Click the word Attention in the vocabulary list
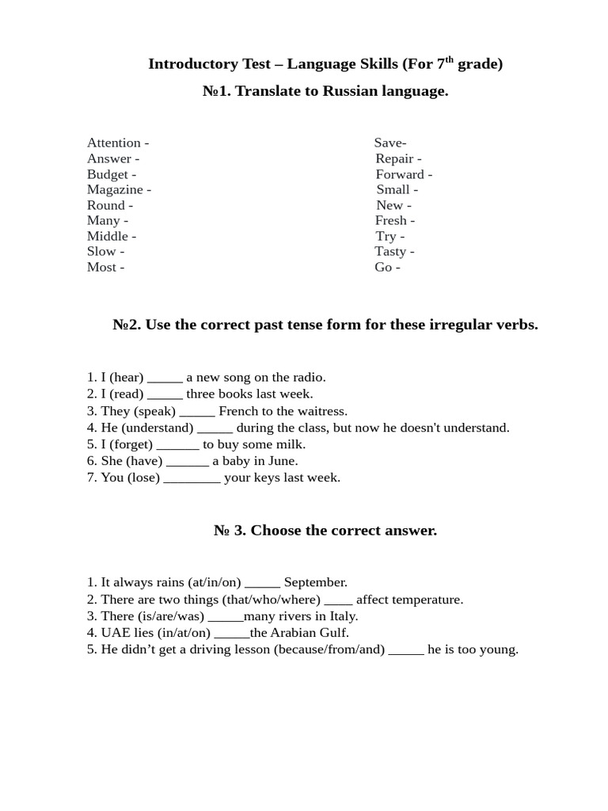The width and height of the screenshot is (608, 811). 114,143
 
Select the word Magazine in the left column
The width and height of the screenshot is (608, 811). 115,190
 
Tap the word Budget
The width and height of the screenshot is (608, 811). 108,174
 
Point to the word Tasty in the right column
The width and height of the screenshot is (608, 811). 390,252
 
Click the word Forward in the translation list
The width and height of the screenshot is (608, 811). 400,174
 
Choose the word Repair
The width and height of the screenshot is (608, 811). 394,159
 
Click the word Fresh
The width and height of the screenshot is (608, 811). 391,221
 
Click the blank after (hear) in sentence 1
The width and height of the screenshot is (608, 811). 165,378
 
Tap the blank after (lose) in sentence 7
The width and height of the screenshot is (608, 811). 192,478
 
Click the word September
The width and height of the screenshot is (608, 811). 315,583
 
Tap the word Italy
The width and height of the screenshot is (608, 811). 342,616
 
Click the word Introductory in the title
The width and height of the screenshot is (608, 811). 193,64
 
